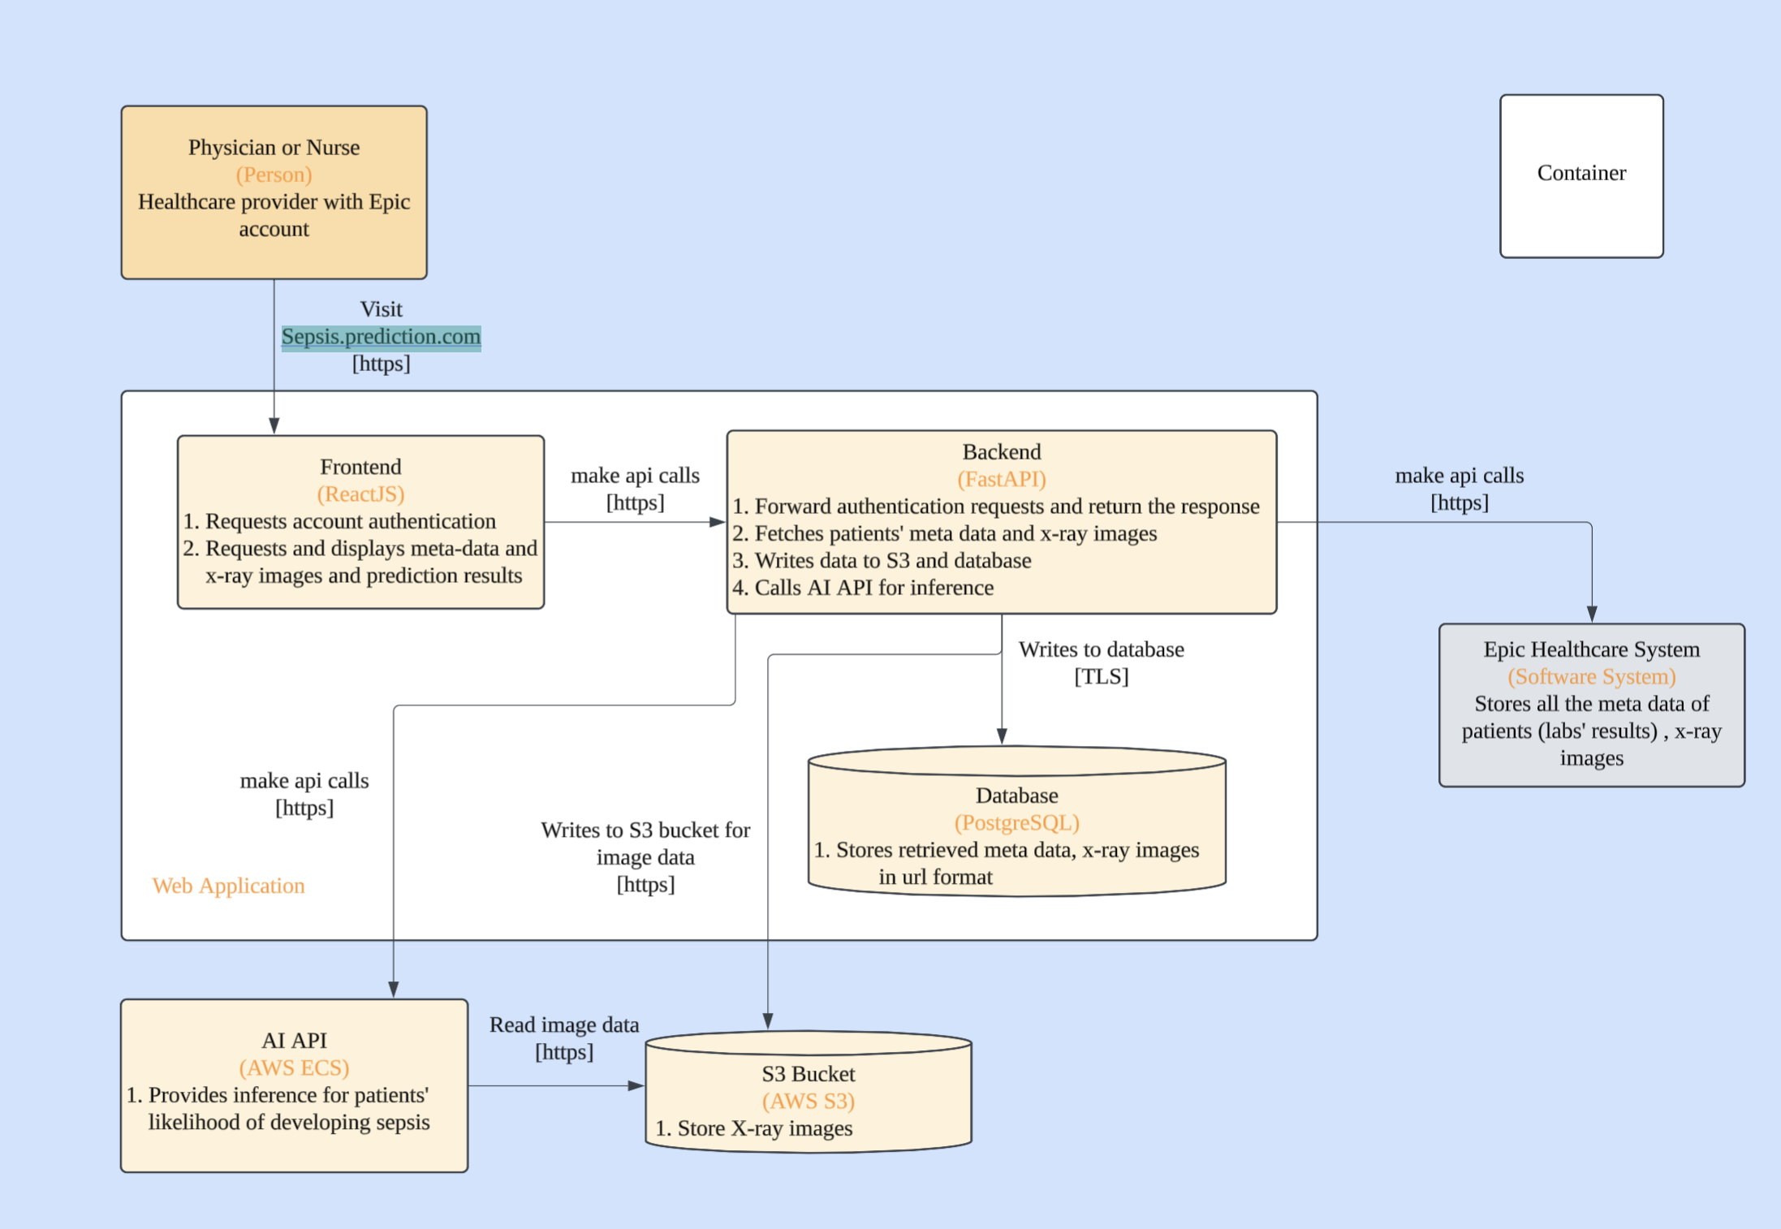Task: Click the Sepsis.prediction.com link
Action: tap(381, 336)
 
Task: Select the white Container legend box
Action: tap(1580, 176)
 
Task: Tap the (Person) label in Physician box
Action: tap(274, 175)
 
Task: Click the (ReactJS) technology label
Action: tap(360, 494)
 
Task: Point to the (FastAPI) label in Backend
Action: tap(1001, 479)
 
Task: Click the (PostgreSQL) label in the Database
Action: tap(1016, 822)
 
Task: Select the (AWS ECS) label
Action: tap(294, 1067)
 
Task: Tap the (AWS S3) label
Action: tap(808, 1101)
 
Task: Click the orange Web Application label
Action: tap(228, 886)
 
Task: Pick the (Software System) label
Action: tap(1591, 676)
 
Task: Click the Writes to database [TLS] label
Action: tap(1101, 662)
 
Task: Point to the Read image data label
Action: tap(563, 1025)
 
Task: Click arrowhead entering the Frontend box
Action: tap(274, 426)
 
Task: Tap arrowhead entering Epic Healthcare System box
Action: tap(1592, 614)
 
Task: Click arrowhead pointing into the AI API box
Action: tap(394, 990)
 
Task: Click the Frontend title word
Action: tap(360, 467)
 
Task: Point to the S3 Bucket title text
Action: tap(808, 1074)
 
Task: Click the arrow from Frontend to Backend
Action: tap(634, 522)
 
